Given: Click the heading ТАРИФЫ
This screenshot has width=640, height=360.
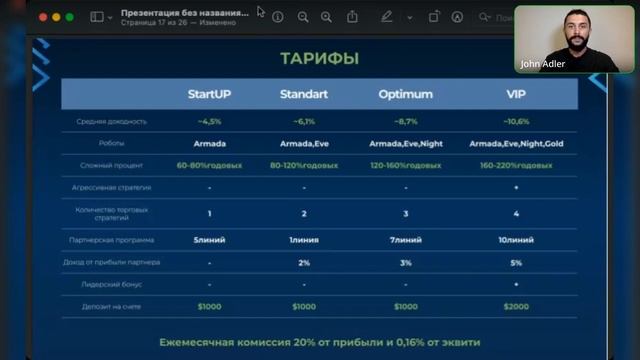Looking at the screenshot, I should point(320,59).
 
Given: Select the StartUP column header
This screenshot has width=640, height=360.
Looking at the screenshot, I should point(210,95).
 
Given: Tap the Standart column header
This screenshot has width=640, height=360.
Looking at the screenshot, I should point(305,95).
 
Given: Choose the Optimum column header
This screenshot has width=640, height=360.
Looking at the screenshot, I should point(405,95).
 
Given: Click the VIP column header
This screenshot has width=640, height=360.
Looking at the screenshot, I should point(516,95).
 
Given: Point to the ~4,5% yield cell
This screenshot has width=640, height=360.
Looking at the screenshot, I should point(210,122).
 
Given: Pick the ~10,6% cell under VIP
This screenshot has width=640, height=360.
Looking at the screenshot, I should point(516,122).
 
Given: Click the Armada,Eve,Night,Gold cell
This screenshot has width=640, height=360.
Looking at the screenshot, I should point(516,144).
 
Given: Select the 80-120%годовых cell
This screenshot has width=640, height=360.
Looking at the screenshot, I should point(305,165).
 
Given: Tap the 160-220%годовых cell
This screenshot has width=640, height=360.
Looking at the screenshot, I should point(516,165).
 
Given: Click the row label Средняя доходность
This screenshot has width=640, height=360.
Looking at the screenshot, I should point(111,122).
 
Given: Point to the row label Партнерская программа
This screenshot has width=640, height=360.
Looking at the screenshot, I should point(111,240).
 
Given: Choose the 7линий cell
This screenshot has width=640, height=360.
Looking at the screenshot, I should point(405,240).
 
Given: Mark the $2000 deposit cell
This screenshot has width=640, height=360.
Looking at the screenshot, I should point(516,306).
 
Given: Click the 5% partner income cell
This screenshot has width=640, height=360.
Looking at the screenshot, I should point(516,262).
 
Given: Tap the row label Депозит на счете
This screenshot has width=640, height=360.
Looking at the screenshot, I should point(111,306).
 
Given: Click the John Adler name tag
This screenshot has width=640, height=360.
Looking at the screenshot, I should point(544,64).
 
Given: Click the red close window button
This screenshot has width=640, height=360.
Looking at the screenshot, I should point(42,17).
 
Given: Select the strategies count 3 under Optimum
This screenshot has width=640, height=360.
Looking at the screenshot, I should point(405,214).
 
